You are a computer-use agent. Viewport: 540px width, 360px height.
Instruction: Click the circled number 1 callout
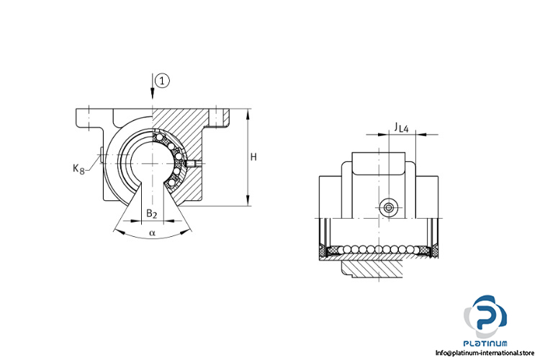click(x=162, y=81)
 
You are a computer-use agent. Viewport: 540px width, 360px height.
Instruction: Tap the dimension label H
click(x=253, y=157)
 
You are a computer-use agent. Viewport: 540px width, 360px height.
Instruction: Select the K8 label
click(x=78, y=168)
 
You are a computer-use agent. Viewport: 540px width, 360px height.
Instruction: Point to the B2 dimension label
click(x=151, y=214)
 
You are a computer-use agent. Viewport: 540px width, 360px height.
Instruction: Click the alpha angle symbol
click(x=152, y=233)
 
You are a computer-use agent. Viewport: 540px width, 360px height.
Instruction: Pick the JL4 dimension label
click(x=402, y=127)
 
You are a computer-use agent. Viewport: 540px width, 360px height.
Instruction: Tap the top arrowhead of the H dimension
click(x=248, y=114)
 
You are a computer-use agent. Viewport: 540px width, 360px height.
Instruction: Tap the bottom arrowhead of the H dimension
click(x=248, y=201)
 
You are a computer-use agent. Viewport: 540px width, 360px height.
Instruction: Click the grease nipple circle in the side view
click(x=389, y=208)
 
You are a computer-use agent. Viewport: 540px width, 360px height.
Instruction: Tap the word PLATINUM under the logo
click(x=485, y=343)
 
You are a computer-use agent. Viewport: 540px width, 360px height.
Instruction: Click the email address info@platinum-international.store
click(x=485, y=353)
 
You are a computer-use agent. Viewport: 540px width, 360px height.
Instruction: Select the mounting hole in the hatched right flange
click(x=218, y=118)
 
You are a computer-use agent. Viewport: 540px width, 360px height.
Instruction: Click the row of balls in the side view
click(x=379, y=248)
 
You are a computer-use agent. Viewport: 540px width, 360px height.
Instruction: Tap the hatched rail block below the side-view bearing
click(x=372, y=269)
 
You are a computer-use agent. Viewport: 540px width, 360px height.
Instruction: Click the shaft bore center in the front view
click(x=152, y=163)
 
